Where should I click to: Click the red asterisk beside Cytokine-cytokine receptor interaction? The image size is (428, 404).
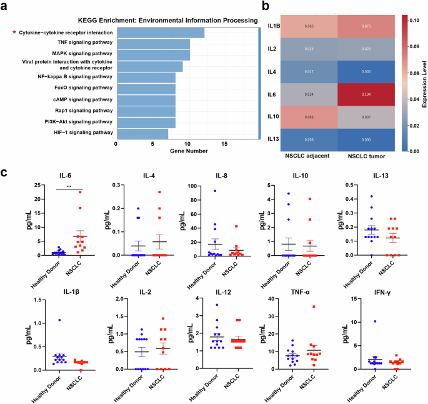click(x=14, y=32)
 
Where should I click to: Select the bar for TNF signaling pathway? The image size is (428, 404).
click(x=152, y=44)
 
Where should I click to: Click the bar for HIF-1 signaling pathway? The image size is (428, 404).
click(x=142, y=133)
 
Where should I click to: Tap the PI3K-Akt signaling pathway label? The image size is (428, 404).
click(x=81, y=121)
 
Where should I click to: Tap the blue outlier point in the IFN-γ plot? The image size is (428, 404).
click(x=375, y=321)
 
